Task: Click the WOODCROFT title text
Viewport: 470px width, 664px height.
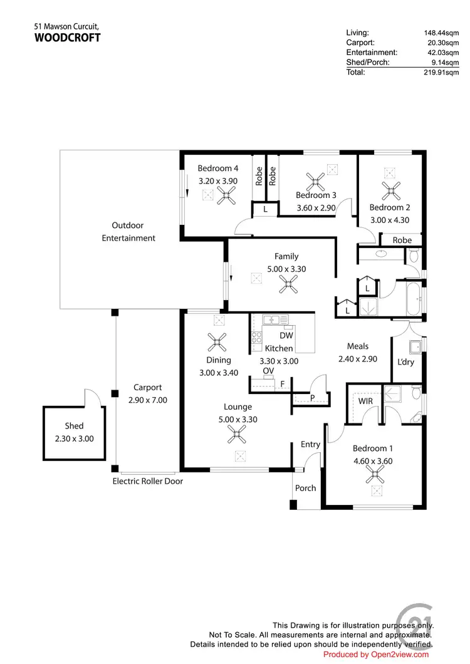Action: tap(67, 38)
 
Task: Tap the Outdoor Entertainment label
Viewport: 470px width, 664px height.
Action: tap(128, 232)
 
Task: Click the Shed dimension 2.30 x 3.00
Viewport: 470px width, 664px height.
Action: tap(74, 438)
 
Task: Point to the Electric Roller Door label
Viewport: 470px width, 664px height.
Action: tap(147, 481)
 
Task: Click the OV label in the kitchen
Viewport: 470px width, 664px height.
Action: tap(268, 371)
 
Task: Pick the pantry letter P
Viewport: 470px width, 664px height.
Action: tap(312, 397)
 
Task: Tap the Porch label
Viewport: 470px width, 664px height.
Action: tap(306, 488)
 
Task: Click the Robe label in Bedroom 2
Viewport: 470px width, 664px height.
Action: tap(402, 240)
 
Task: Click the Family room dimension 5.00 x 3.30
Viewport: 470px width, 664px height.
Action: tap(286, 269)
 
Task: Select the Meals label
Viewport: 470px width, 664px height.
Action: tap(358, 346)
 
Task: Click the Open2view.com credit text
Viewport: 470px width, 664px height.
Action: tap(376, 655)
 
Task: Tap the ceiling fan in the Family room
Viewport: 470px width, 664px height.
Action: tap(288, 286)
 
